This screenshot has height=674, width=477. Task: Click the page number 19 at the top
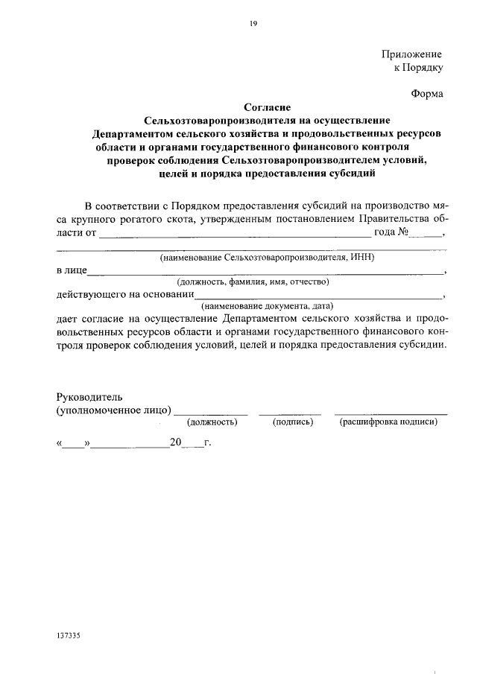click(253, 25)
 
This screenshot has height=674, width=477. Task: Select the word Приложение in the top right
click(412, 54)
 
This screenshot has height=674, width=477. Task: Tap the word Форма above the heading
click(427, 94)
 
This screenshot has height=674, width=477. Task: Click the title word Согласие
click(267, 107)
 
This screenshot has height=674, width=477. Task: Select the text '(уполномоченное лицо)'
click(113, 410)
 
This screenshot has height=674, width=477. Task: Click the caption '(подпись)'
click(293, 422)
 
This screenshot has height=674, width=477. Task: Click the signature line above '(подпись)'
click(290, 413)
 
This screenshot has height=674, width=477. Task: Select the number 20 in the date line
click(176, 442)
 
